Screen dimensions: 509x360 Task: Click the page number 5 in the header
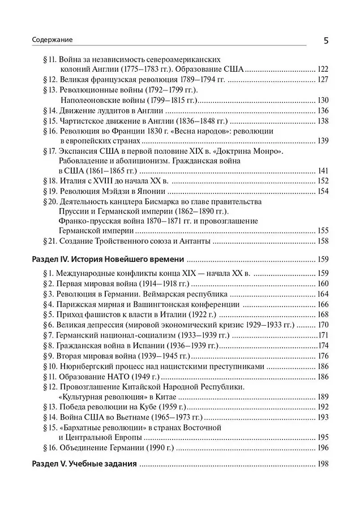click(326, 41)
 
